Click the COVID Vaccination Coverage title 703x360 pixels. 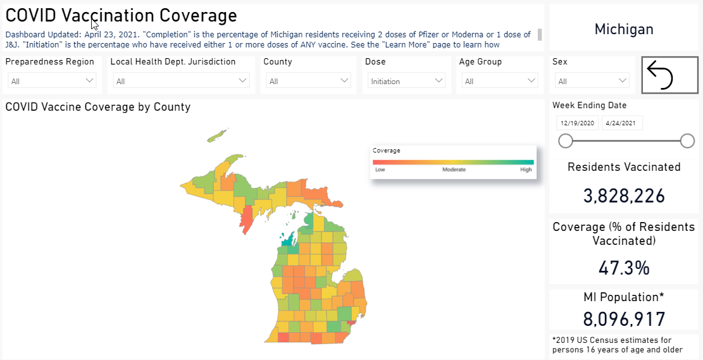121,16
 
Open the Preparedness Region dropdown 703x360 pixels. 52,81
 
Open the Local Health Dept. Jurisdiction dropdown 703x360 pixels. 181,81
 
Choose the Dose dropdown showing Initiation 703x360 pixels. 407,81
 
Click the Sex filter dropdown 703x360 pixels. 592,81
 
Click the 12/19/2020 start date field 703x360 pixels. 577,123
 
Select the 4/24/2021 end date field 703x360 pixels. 622,123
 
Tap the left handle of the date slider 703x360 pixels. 566,141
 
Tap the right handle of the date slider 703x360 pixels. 687,141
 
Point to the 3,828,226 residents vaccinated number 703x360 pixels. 624,196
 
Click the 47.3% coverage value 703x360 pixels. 624,268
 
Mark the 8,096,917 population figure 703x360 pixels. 624,318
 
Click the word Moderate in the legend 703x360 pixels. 454,170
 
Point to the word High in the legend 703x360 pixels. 526,170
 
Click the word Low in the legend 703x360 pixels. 380,170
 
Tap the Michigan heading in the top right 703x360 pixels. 624,29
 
